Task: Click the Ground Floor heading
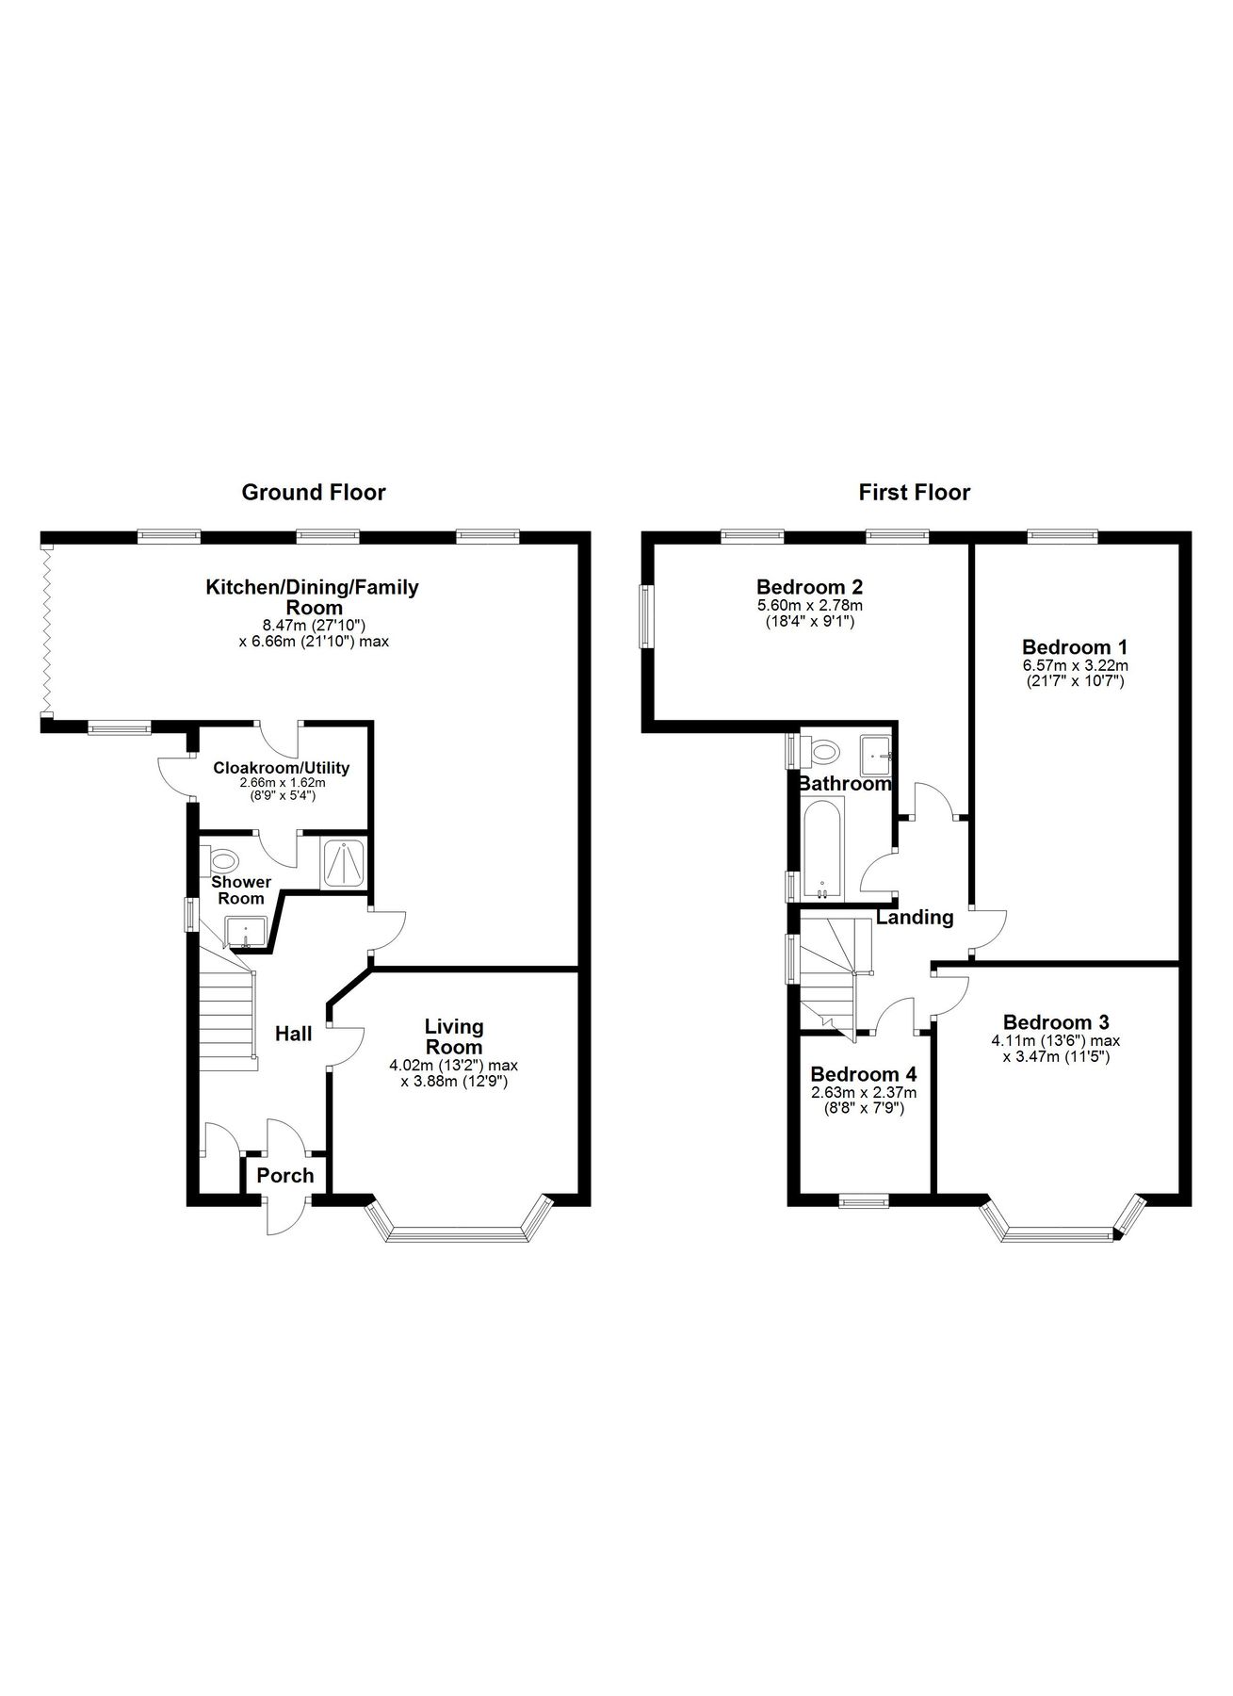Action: click(x=314, y=492)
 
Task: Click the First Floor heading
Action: click(x=914, y=492)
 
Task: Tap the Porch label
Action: click(x=285, y=1175)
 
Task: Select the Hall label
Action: click(x=293, y=1034)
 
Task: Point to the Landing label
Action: click(x=915, y=917)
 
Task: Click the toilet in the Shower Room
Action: click(x=224, y=859)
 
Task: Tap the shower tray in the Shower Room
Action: click(x=344, y=864)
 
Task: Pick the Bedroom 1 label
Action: click(x=1075, y=647)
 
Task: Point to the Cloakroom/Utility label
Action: click(x=281, y=768)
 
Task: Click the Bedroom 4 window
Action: click(x=864, y=1200)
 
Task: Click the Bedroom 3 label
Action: click(x=1055, y=1022)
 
